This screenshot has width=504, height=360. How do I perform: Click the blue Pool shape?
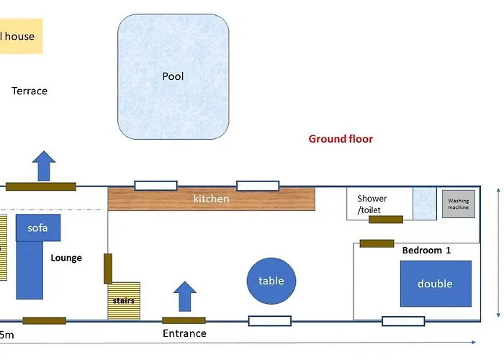click(174, 77)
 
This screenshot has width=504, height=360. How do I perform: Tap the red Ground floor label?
click(341, 139)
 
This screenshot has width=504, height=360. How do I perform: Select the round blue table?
click(271, 281)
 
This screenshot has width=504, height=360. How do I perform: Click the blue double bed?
click(436, 284)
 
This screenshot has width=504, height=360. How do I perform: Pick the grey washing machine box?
click(458, 204)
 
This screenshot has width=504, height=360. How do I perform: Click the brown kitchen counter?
click(212, 199)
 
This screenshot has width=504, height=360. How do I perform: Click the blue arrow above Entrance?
click(185, 296)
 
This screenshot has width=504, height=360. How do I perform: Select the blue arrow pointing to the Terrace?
click(45, 165)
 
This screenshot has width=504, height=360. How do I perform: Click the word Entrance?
click(184, 333)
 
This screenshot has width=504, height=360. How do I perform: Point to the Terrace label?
click(30, 91)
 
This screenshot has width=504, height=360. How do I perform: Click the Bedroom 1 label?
click(426, 251)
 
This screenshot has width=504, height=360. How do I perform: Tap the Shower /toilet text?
click(372, 204)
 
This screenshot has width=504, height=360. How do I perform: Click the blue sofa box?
click(37, 228)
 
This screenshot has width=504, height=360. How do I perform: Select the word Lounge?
click(66, 258)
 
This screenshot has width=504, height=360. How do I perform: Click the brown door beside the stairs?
click(108, 268)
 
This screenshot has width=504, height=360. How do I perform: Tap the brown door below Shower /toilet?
click(385, 220)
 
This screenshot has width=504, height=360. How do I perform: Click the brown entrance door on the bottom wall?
click(184, 320)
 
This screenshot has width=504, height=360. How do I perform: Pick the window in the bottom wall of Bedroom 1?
click(403, 320)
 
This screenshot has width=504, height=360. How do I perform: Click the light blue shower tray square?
click(424, 204)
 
